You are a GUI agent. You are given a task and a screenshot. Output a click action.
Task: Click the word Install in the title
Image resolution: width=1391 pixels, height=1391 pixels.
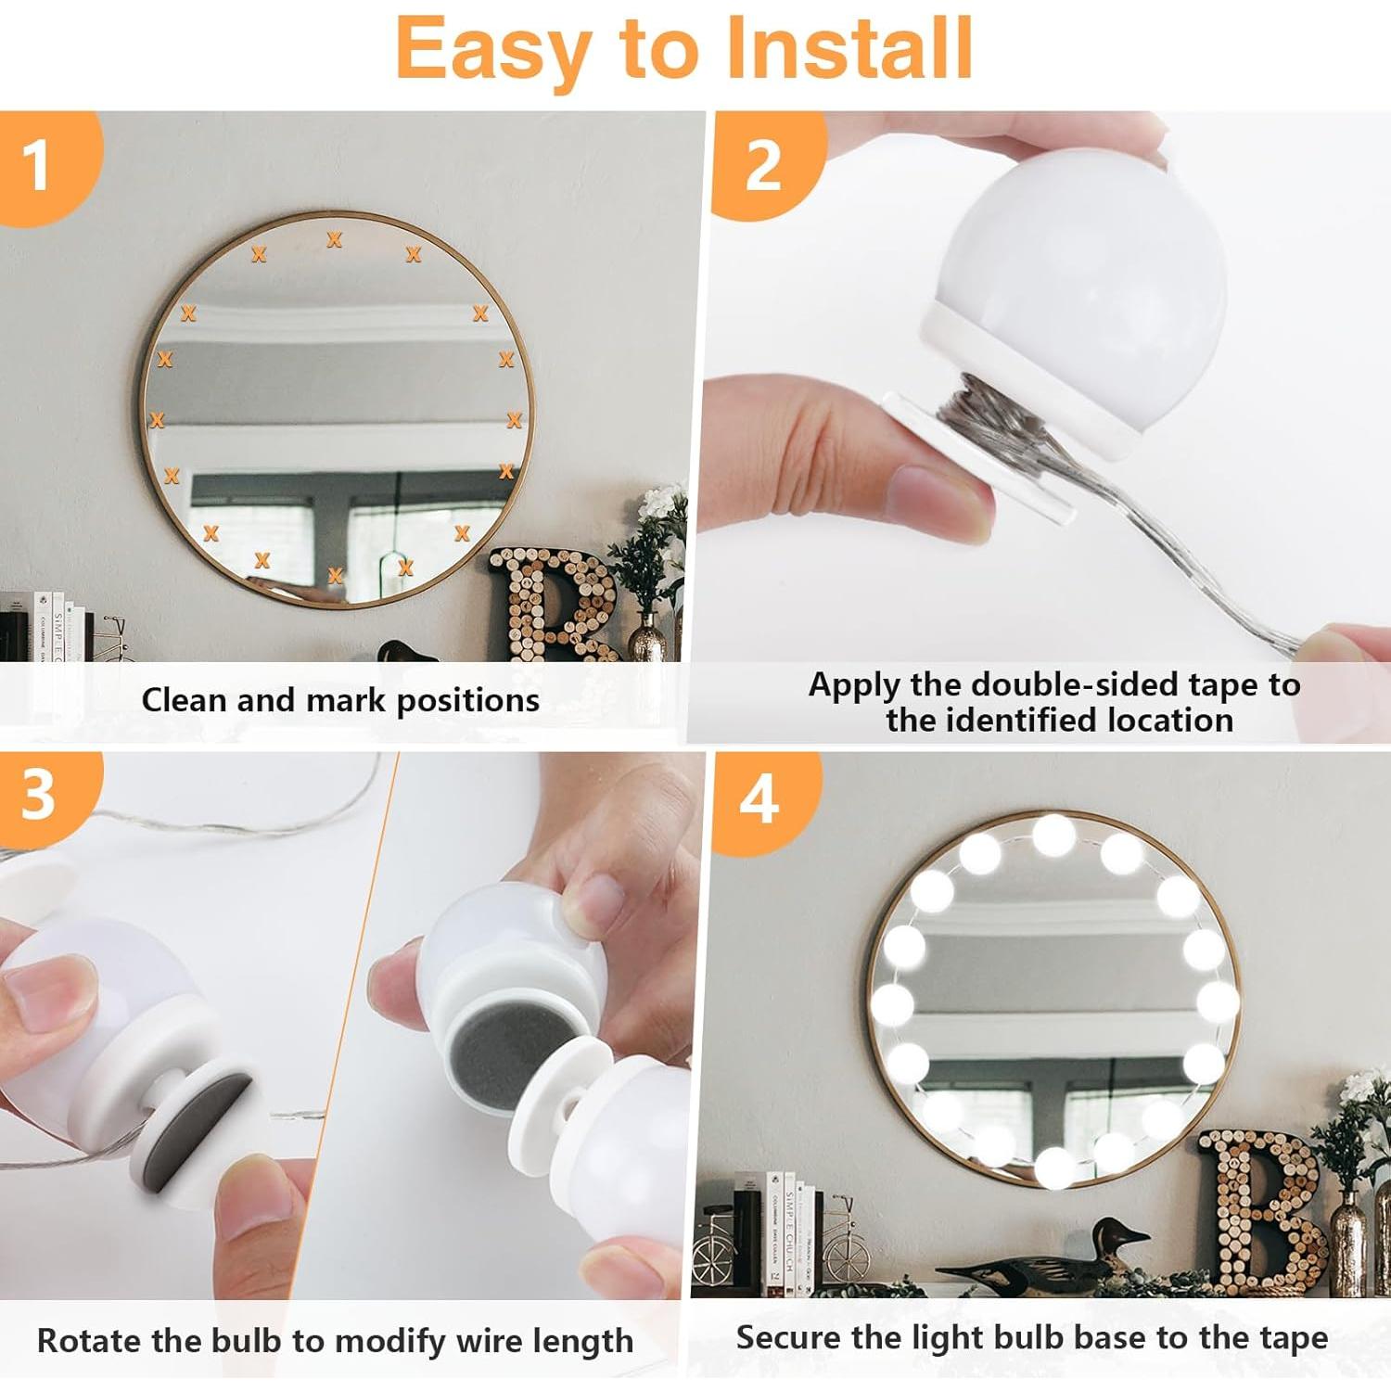click(x=848, y=48)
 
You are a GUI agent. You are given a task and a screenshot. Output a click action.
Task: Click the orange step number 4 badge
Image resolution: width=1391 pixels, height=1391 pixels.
click(x=759, y=799)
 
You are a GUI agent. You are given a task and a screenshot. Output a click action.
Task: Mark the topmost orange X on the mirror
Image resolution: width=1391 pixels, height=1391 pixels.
click(x=334, y=240)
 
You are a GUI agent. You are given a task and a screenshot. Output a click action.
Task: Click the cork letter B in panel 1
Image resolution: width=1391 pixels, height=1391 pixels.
click(x=553, y=603)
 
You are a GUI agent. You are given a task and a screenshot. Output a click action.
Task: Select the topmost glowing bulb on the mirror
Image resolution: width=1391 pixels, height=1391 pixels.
click(x=1053, y=835)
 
